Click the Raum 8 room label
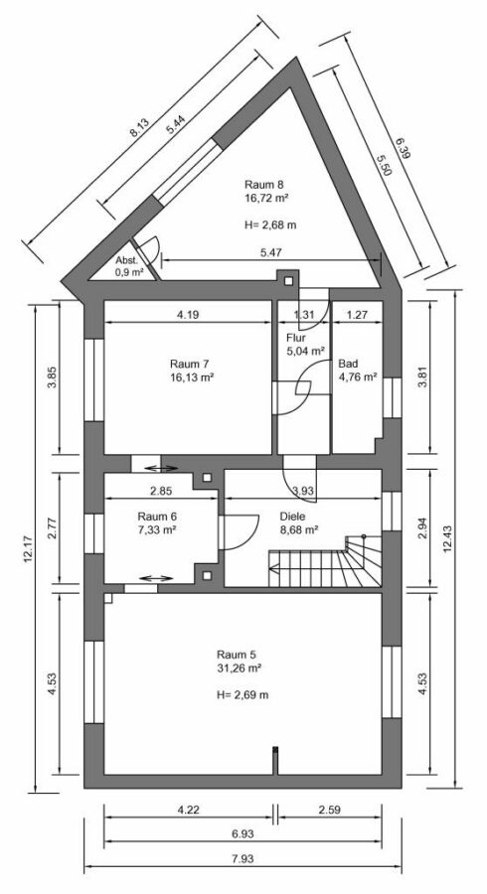pyautogui.click(x=265, y=185)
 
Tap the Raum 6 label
pyautogui.click(x=157, y=516)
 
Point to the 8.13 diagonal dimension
pyautogui.click(x=139, y=125)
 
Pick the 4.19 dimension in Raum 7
pyautogui.click(x=189, y=315)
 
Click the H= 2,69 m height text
pyautogui.click(x=242, y=694)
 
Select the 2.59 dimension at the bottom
pyautogui.click(x=332, y=812)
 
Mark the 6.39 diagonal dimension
pyautogui.click(x=402, y=149)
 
